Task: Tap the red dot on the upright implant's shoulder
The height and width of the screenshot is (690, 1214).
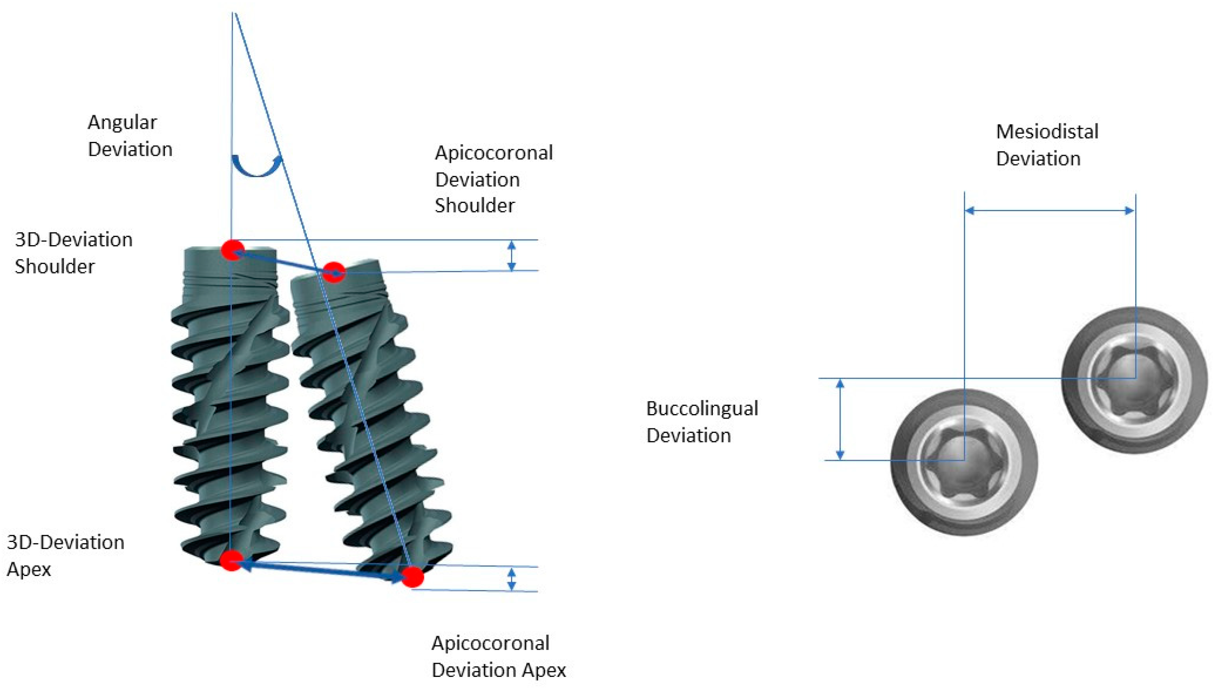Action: (x=233, y=250)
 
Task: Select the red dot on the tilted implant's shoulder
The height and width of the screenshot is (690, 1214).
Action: (x=334, y=273)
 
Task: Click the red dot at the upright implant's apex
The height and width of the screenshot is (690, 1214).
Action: (x=231, y=560)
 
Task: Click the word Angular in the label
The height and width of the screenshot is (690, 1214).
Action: (x=122, y=123)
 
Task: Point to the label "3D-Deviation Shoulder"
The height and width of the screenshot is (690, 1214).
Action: (x=73, y=253)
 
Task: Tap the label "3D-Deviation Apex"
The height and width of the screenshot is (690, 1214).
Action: (x=66, y=555)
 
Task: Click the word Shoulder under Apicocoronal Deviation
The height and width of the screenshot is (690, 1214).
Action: (x=475, y=206)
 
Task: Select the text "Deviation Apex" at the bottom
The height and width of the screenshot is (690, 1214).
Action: (x=499, y=670)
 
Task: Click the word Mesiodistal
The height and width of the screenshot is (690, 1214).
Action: (x=1047, y=132)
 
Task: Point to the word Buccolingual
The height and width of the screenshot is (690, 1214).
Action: (x=702, y=408)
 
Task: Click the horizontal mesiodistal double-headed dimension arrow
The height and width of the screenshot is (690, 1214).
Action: (x=1050, y=210)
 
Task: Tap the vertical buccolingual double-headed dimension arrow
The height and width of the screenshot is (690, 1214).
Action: (x=840, y=419)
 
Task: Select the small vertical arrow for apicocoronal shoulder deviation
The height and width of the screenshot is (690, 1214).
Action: (x=511, y=255)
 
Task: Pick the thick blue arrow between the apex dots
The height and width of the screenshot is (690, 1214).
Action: (x=322, y=569)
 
